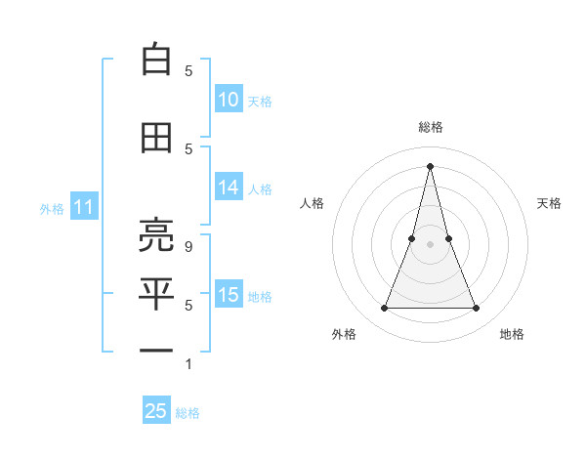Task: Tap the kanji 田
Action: (156, 138)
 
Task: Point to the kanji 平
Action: (156, 292)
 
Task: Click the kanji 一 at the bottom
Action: (156, 350)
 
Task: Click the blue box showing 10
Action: (229, 100)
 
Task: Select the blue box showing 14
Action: (229, 188)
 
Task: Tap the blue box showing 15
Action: (229, 295)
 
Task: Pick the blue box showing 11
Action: (83, 207)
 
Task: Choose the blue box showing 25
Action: (156, 411)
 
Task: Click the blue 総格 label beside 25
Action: (188, 413)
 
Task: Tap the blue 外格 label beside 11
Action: (52, 208)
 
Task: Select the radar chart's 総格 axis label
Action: (431, 127)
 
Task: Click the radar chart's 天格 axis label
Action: (550, 203)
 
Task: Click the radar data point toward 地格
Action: (477, 309)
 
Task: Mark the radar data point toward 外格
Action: (384, 309)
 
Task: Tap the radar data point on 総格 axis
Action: (431, 165)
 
